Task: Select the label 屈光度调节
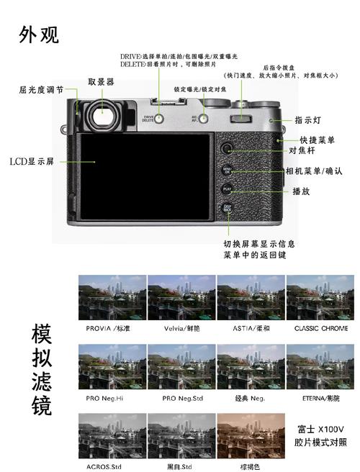tap(41, 90)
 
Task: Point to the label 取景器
tap(101, 81)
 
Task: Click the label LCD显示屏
tap(32, 161)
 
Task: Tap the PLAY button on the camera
tap(227, 191)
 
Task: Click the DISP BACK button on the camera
tap(227, 209)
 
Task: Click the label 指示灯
tap(307, 121)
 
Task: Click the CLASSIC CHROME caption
tap(320, 329)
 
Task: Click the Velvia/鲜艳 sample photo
tap(181, 297)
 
